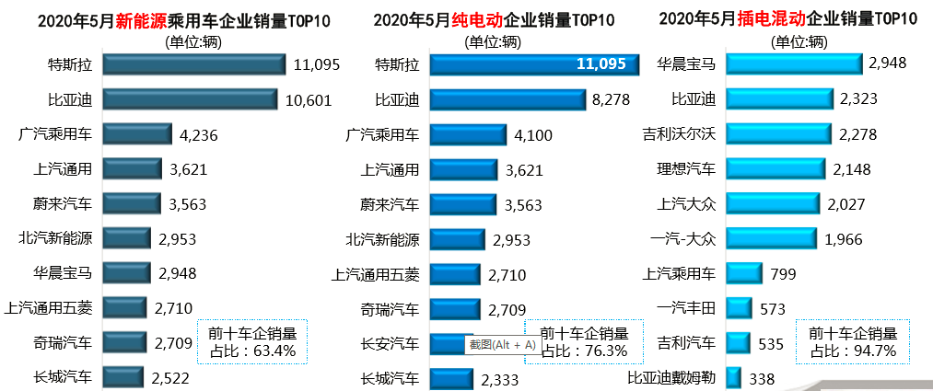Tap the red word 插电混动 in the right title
click(768, 21)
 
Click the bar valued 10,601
click(190, 99)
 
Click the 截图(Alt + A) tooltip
click(502, 345)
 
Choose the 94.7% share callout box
click(852, 341)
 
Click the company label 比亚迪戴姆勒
click(671, 377)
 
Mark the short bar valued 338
click(733, 377)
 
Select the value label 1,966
click(843, 238)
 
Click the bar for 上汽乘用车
click(742, 273)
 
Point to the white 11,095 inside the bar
click(601, 63)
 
